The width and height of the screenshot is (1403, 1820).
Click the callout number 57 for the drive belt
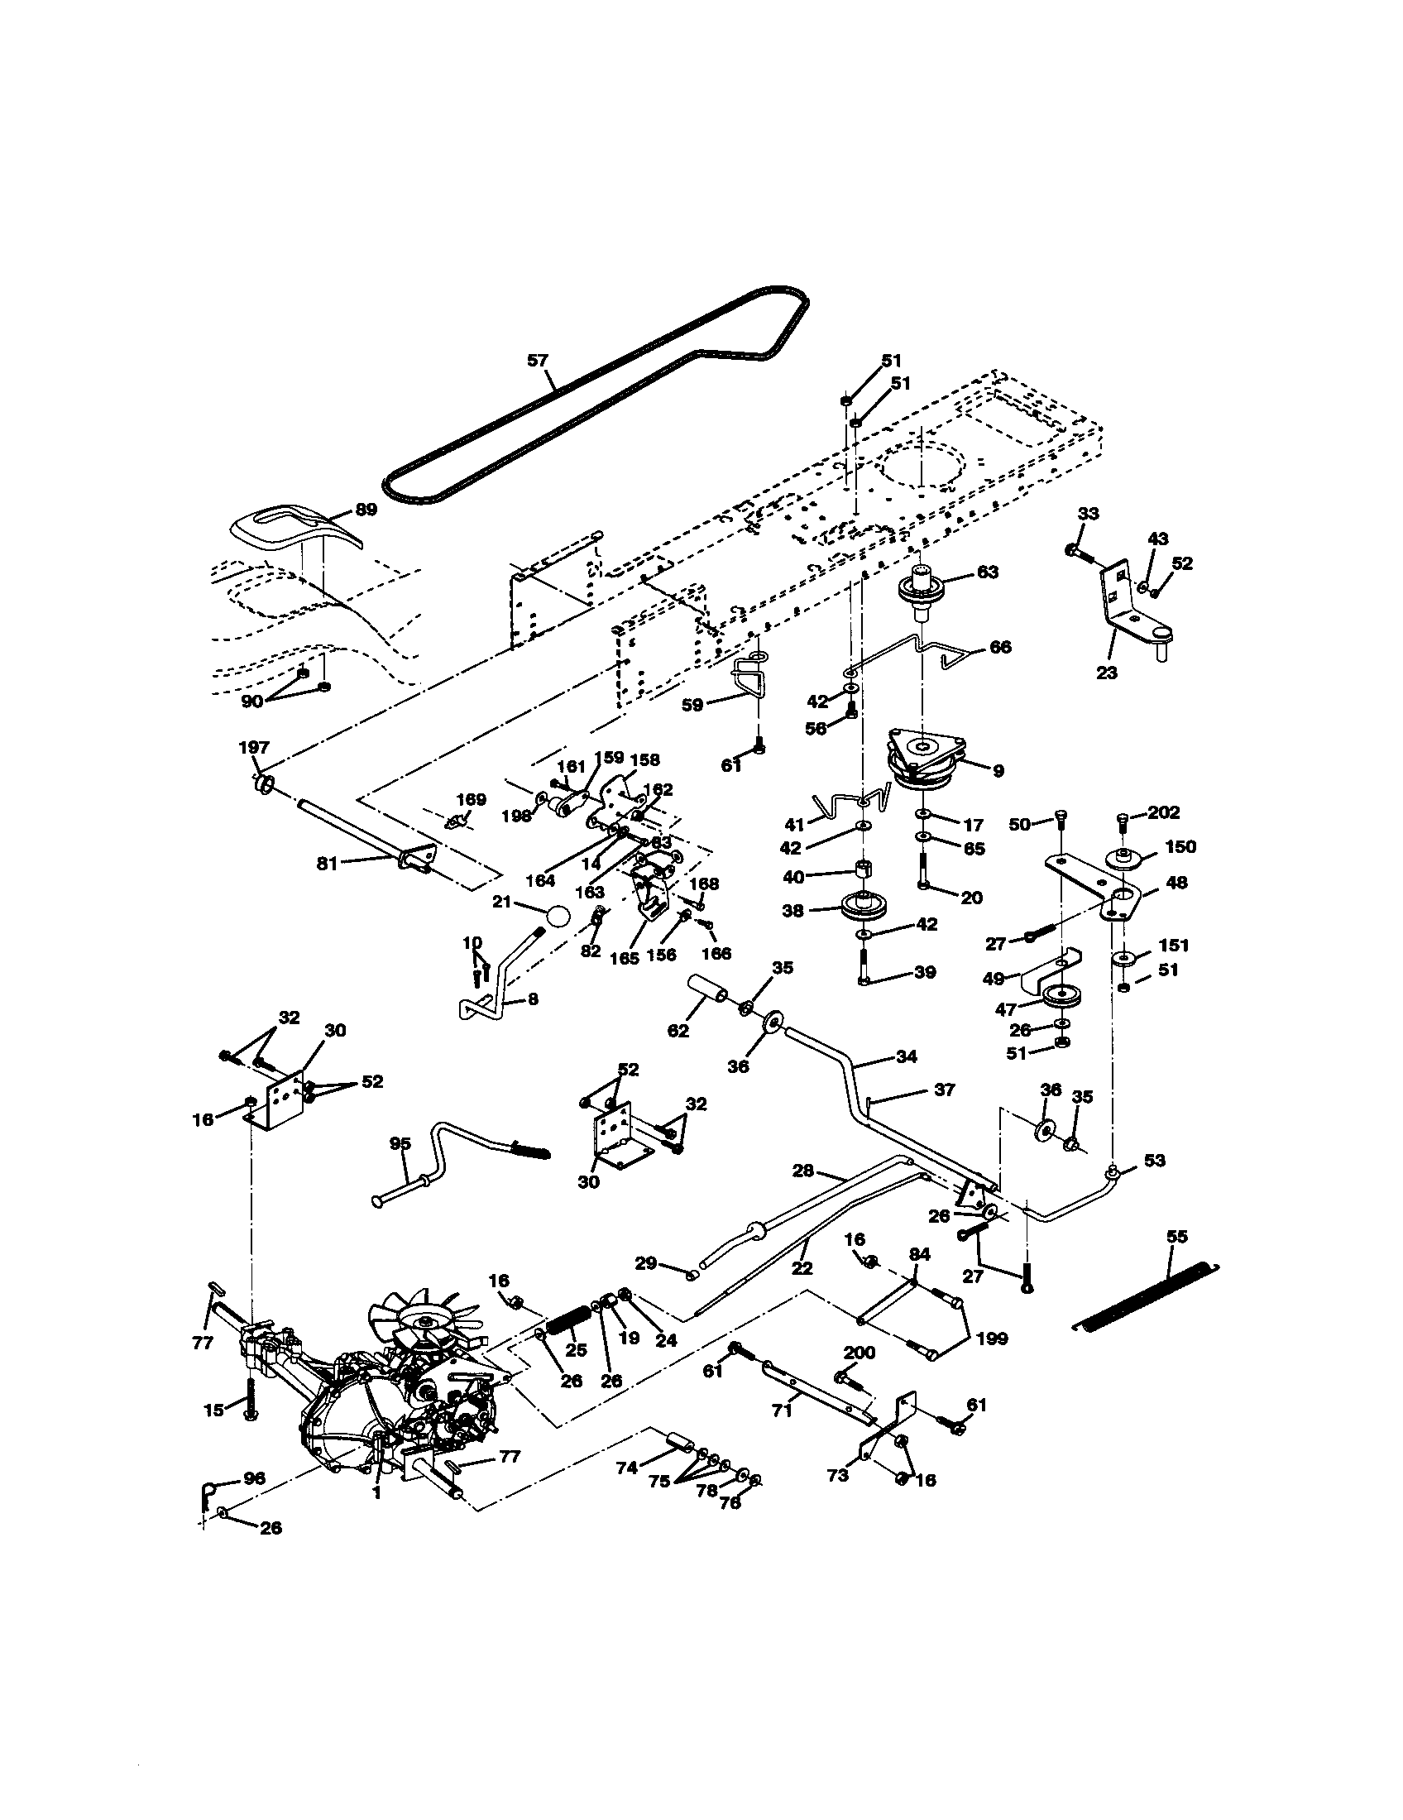(539, 361)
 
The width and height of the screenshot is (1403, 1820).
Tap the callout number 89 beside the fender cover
(366, 509)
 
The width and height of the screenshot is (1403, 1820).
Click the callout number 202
(1163, 813)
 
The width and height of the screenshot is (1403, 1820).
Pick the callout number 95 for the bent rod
(400, 1144)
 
